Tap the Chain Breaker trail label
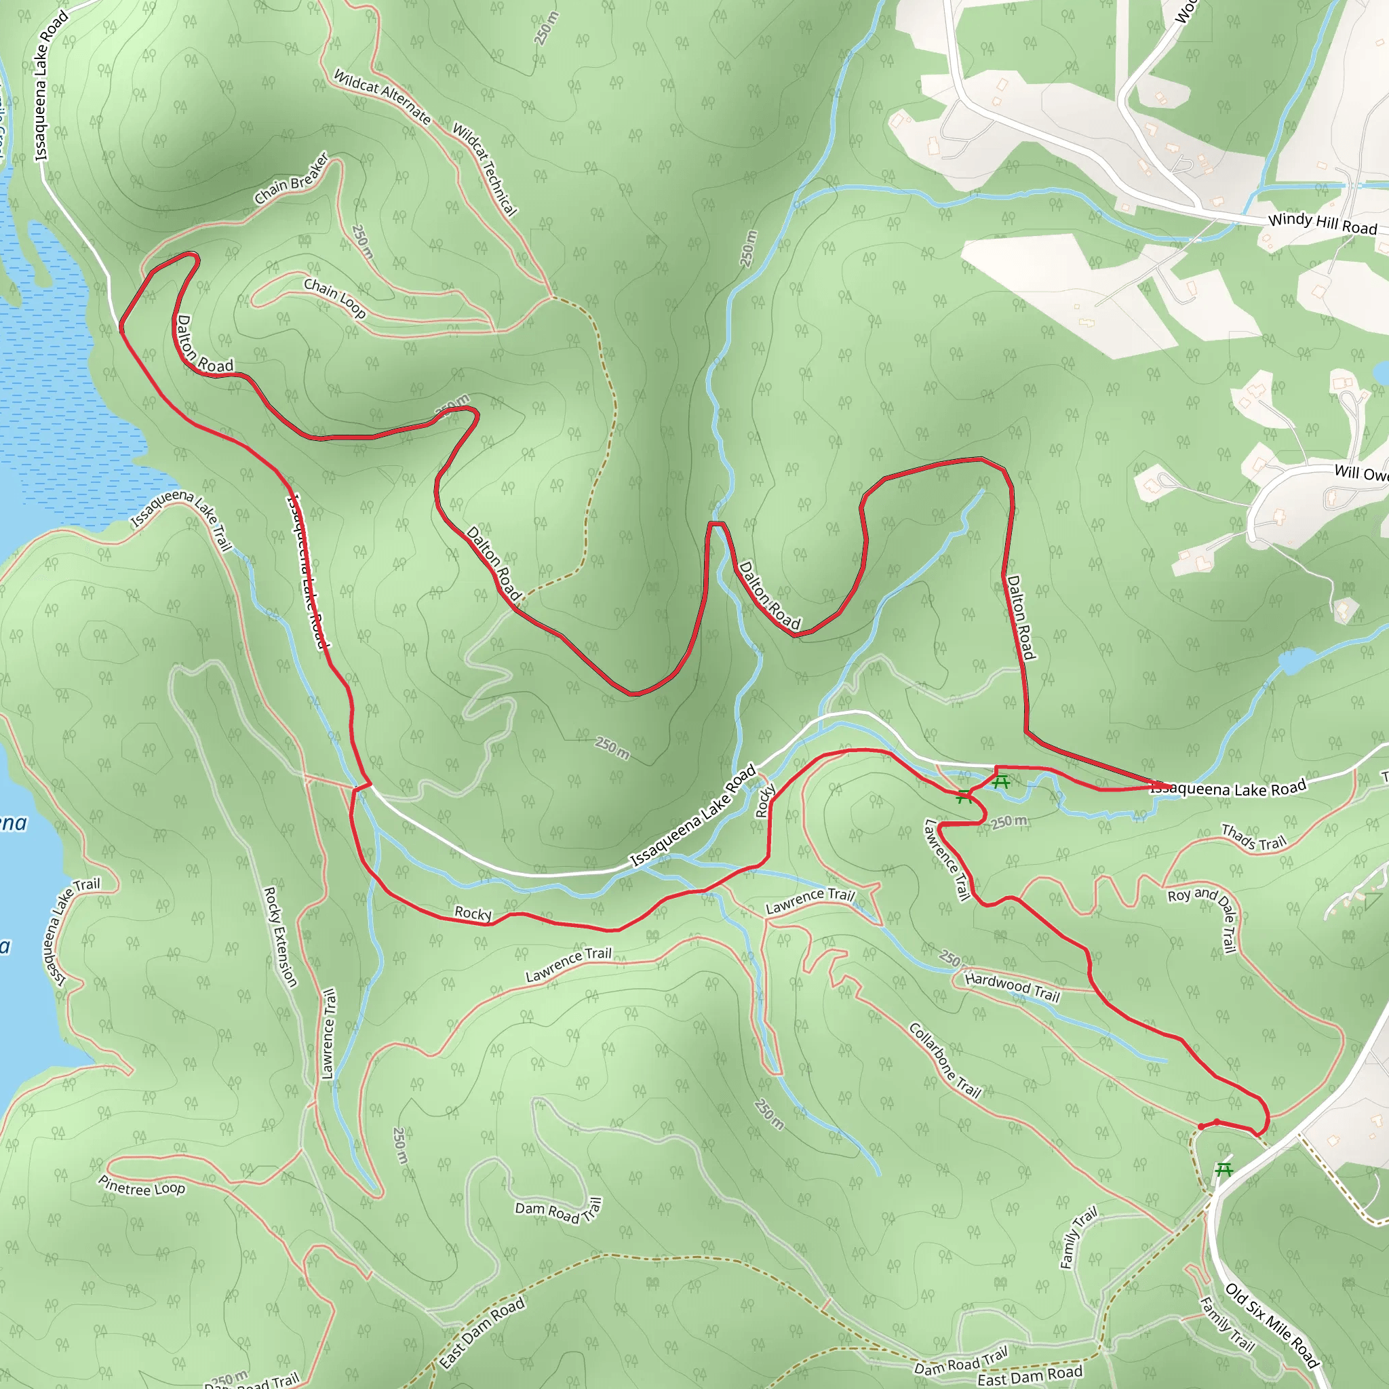click(292, 178)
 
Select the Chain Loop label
click(334, 298)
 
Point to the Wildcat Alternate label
click(383, 96)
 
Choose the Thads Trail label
click(1253, 838)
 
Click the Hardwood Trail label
click(1013, 987)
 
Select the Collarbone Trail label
click(945, 1061)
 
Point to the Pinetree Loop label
click(142, 1186)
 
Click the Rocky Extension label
click(280, 936)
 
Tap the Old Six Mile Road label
click(1272, 1325)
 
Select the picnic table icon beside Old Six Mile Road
click(1223, 1170)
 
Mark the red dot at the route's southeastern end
click(1201, 1127)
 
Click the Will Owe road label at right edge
click(1361, 473)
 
